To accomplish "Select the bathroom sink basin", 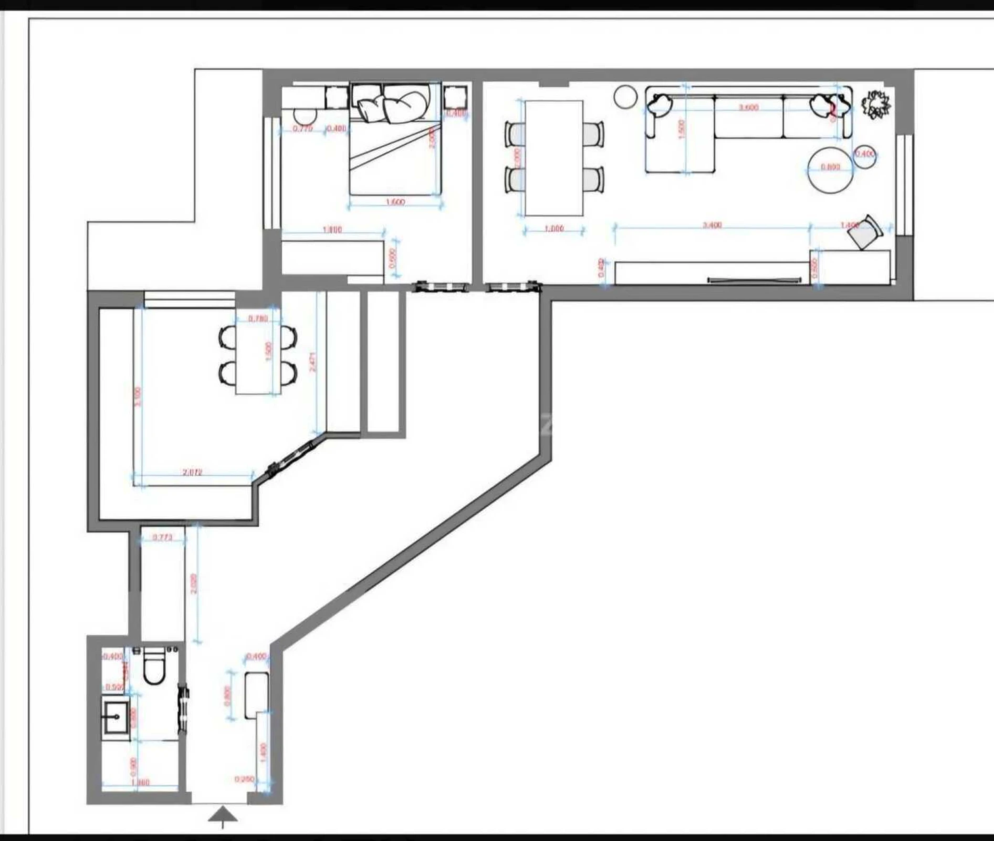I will coord(116,716).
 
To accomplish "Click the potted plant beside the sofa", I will coord(876,105).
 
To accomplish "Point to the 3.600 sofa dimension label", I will coord(748,107).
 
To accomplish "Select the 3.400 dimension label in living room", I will coord(712,225).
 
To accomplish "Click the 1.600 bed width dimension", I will coord(395,202).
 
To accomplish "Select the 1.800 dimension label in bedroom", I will coord(332,230).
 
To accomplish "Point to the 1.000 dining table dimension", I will coord(554,229).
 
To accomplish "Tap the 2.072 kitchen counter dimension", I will coord(192,472).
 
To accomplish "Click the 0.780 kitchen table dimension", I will coord(258,319).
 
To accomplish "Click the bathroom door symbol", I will coord(183,708).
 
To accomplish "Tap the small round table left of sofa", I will coord(625,97).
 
